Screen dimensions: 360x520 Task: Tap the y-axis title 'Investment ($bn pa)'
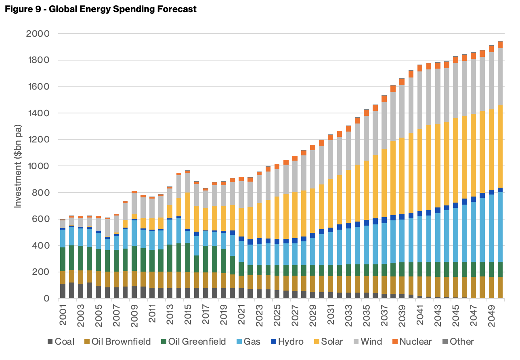click(x=18, y=166)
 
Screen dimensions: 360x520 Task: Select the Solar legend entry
click(x=328, y=342)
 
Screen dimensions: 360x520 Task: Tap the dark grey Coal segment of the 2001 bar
click(x=63, y=291)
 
